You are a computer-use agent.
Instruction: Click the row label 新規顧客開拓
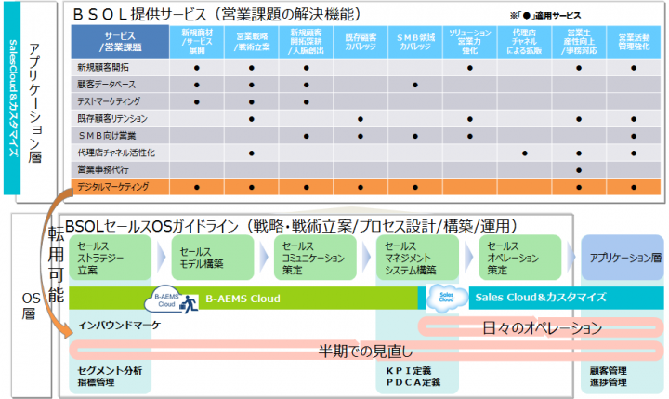103,68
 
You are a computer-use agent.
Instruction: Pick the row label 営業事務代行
103,170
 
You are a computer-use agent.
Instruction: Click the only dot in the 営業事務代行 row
579,170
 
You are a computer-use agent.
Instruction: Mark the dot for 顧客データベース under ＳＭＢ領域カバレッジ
414,85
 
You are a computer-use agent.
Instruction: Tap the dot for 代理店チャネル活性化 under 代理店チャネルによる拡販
524,153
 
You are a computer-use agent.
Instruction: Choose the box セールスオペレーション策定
518,257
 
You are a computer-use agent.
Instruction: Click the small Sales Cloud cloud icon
440,297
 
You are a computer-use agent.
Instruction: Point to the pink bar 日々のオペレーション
543,327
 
